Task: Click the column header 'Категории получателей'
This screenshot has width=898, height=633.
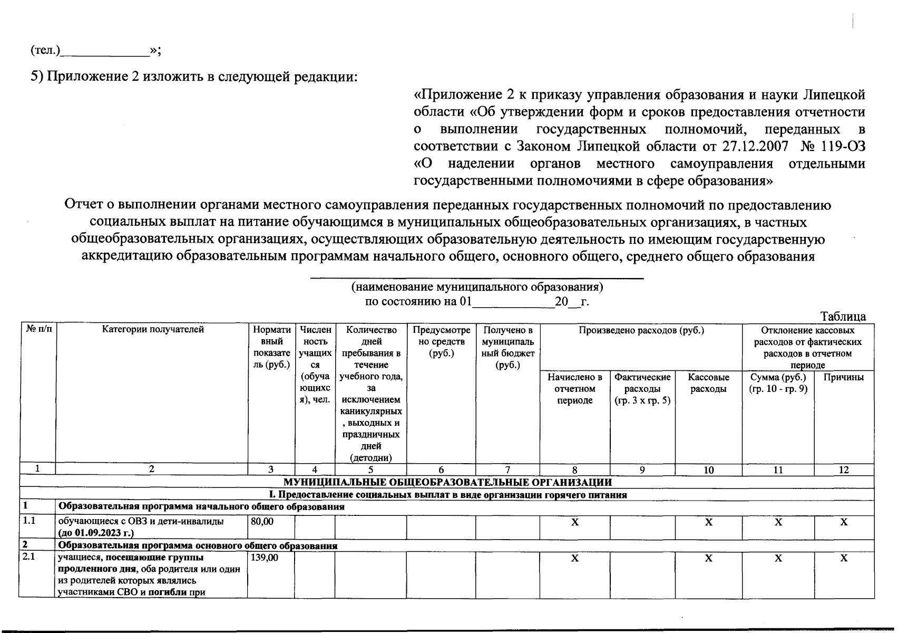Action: point(153,330)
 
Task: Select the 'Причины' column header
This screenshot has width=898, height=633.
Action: point(843,377)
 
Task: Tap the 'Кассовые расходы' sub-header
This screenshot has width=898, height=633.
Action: point(708,383)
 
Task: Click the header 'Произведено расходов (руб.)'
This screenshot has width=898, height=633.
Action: point(641,330)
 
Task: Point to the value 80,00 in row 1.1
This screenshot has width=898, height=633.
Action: point(262,521)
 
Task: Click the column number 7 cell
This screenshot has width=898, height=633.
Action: point(507,469)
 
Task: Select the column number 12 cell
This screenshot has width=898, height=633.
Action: point(843,469)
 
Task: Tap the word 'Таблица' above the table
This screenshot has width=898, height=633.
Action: point(843,316)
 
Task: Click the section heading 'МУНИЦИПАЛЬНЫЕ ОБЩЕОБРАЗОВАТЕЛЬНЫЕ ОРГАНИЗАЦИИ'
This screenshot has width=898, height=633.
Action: point(448,482)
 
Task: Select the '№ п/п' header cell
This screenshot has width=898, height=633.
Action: point(37,330)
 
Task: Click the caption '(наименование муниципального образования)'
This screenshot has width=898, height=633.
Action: point(477,287)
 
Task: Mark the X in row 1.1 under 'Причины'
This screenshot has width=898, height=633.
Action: point(843,522)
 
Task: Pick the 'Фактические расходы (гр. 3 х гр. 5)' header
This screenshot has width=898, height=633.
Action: point(642,389)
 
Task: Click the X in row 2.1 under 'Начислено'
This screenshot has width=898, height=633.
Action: point(574,558)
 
